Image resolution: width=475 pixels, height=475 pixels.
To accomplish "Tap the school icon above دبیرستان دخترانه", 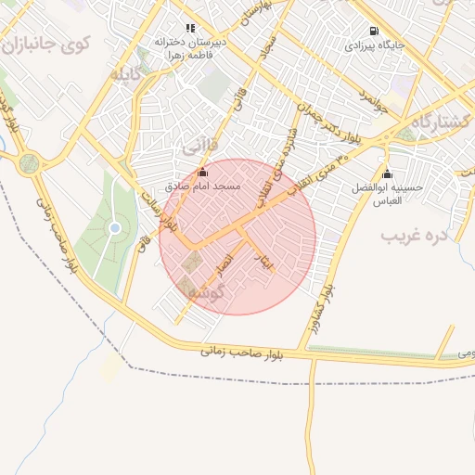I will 190,29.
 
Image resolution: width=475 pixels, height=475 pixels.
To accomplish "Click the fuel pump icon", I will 374,31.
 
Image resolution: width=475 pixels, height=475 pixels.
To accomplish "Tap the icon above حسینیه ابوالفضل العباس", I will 387,173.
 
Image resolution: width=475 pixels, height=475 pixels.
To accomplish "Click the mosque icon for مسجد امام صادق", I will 203,172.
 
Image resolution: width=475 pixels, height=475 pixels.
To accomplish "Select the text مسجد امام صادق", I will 203,186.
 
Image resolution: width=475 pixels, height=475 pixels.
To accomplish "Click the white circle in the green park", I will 115,227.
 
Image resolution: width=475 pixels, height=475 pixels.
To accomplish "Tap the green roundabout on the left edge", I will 30,164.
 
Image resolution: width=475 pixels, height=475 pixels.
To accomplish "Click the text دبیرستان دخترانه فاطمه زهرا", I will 190,48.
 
